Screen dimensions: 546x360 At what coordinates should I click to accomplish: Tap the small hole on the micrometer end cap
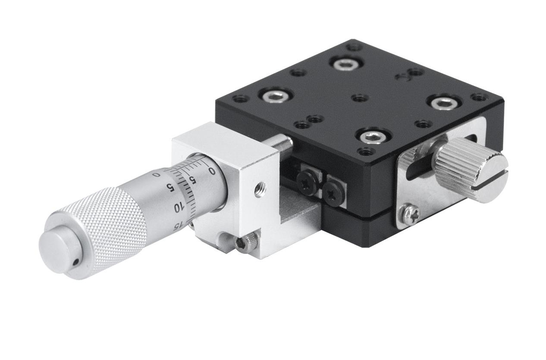(x=76, y=262)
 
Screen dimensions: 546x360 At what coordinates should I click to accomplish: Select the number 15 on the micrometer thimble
(x=180, y=226)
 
